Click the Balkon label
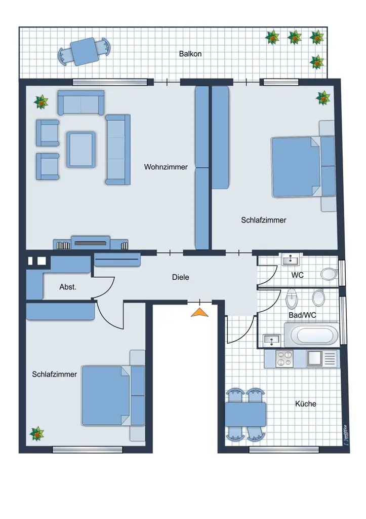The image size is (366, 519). point(190,54)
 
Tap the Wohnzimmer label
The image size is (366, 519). point(166,167)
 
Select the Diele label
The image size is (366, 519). point(180,277)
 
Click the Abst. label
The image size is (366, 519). point(68,287)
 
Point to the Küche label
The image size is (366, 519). point(305,404)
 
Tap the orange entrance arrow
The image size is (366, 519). point(199,313)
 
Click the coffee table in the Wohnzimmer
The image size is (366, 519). point(81,149)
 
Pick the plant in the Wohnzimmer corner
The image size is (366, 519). point(41,102)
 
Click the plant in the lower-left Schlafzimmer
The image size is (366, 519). point(36,434)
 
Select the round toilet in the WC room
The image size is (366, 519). point(329,274)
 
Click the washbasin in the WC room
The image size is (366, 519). point(291,260)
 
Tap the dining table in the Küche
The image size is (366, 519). point(246,414)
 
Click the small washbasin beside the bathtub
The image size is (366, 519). point(273,339)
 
